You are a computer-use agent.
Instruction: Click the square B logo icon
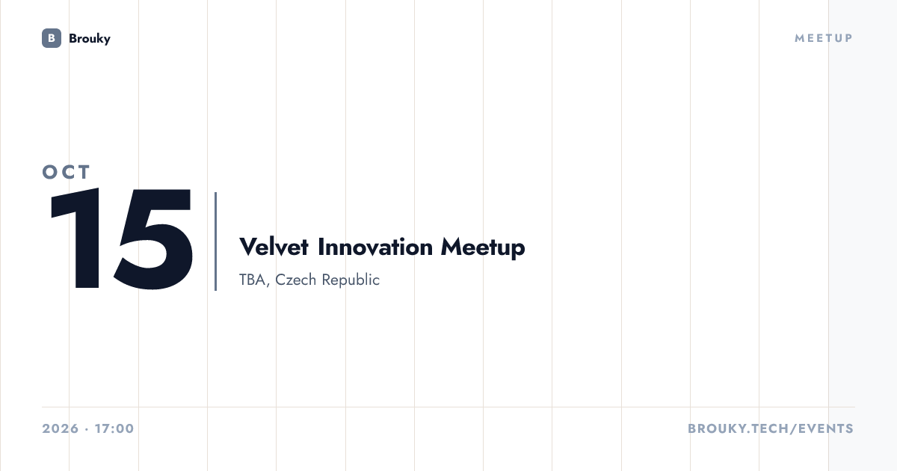52,38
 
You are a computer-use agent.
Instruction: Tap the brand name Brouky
90,39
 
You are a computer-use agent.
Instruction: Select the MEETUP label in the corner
824,38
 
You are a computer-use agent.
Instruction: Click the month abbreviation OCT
66,172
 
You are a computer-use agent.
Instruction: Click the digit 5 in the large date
153,239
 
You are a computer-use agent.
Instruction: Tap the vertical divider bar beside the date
216,241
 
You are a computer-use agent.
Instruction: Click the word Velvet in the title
274,247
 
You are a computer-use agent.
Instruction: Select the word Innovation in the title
375,247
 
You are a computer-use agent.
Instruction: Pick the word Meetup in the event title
483,247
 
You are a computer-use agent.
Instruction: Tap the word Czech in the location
295,280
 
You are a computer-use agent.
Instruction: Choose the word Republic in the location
351,280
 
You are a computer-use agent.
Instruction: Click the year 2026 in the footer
61,428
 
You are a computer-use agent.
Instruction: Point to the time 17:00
114,428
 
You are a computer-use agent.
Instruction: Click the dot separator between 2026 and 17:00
87,429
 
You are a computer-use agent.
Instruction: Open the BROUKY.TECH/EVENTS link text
771,428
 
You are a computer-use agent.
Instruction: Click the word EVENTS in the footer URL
826,428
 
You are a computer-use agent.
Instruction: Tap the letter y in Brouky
106,40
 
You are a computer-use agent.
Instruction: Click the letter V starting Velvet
247,247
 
